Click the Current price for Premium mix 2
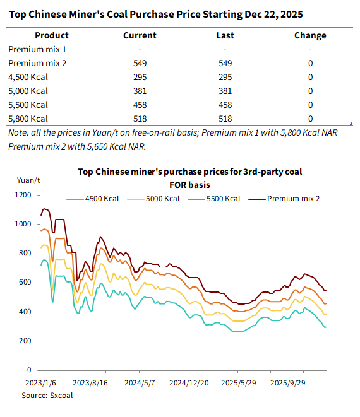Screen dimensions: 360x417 [140, 63]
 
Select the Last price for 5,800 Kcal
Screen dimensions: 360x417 [225, 119]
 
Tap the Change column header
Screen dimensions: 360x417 [310, 35]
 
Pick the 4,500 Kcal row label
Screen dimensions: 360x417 [28, 77]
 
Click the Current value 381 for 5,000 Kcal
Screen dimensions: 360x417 [140, 91]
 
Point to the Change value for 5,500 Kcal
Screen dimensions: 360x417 [311, 105]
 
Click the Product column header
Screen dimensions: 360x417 [52, 35]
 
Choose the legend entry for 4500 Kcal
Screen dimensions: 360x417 [93, 199]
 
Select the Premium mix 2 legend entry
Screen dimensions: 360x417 [284, 199]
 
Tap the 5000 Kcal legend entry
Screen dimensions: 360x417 [153, 199]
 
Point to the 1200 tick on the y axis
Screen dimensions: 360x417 [23, 195]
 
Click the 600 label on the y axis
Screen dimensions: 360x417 [25, 282]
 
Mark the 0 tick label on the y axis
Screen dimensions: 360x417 [29, 370]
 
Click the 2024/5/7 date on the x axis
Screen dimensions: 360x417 [140, 383]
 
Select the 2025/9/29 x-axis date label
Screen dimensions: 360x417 [287, 383]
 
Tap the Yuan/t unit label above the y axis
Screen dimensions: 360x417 [28, 180]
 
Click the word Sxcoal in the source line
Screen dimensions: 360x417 [61, 396]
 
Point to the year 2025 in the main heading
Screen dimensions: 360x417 [292, 15]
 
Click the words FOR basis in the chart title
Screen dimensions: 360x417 [190, 185]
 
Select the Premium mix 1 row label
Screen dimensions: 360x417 [37, 49]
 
